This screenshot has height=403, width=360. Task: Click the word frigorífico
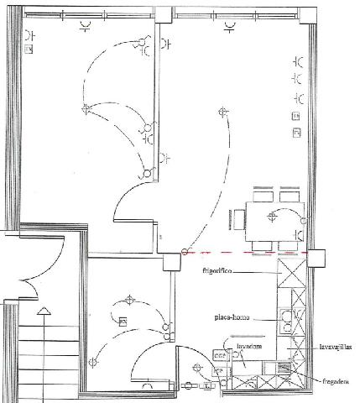[217, 271]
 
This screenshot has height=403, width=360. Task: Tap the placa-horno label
[228, 318]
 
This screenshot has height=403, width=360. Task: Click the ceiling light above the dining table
[271, 217]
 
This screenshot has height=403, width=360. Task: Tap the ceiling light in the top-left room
[85, 107]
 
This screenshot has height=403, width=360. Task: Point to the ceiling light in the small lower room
[129, 300]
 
